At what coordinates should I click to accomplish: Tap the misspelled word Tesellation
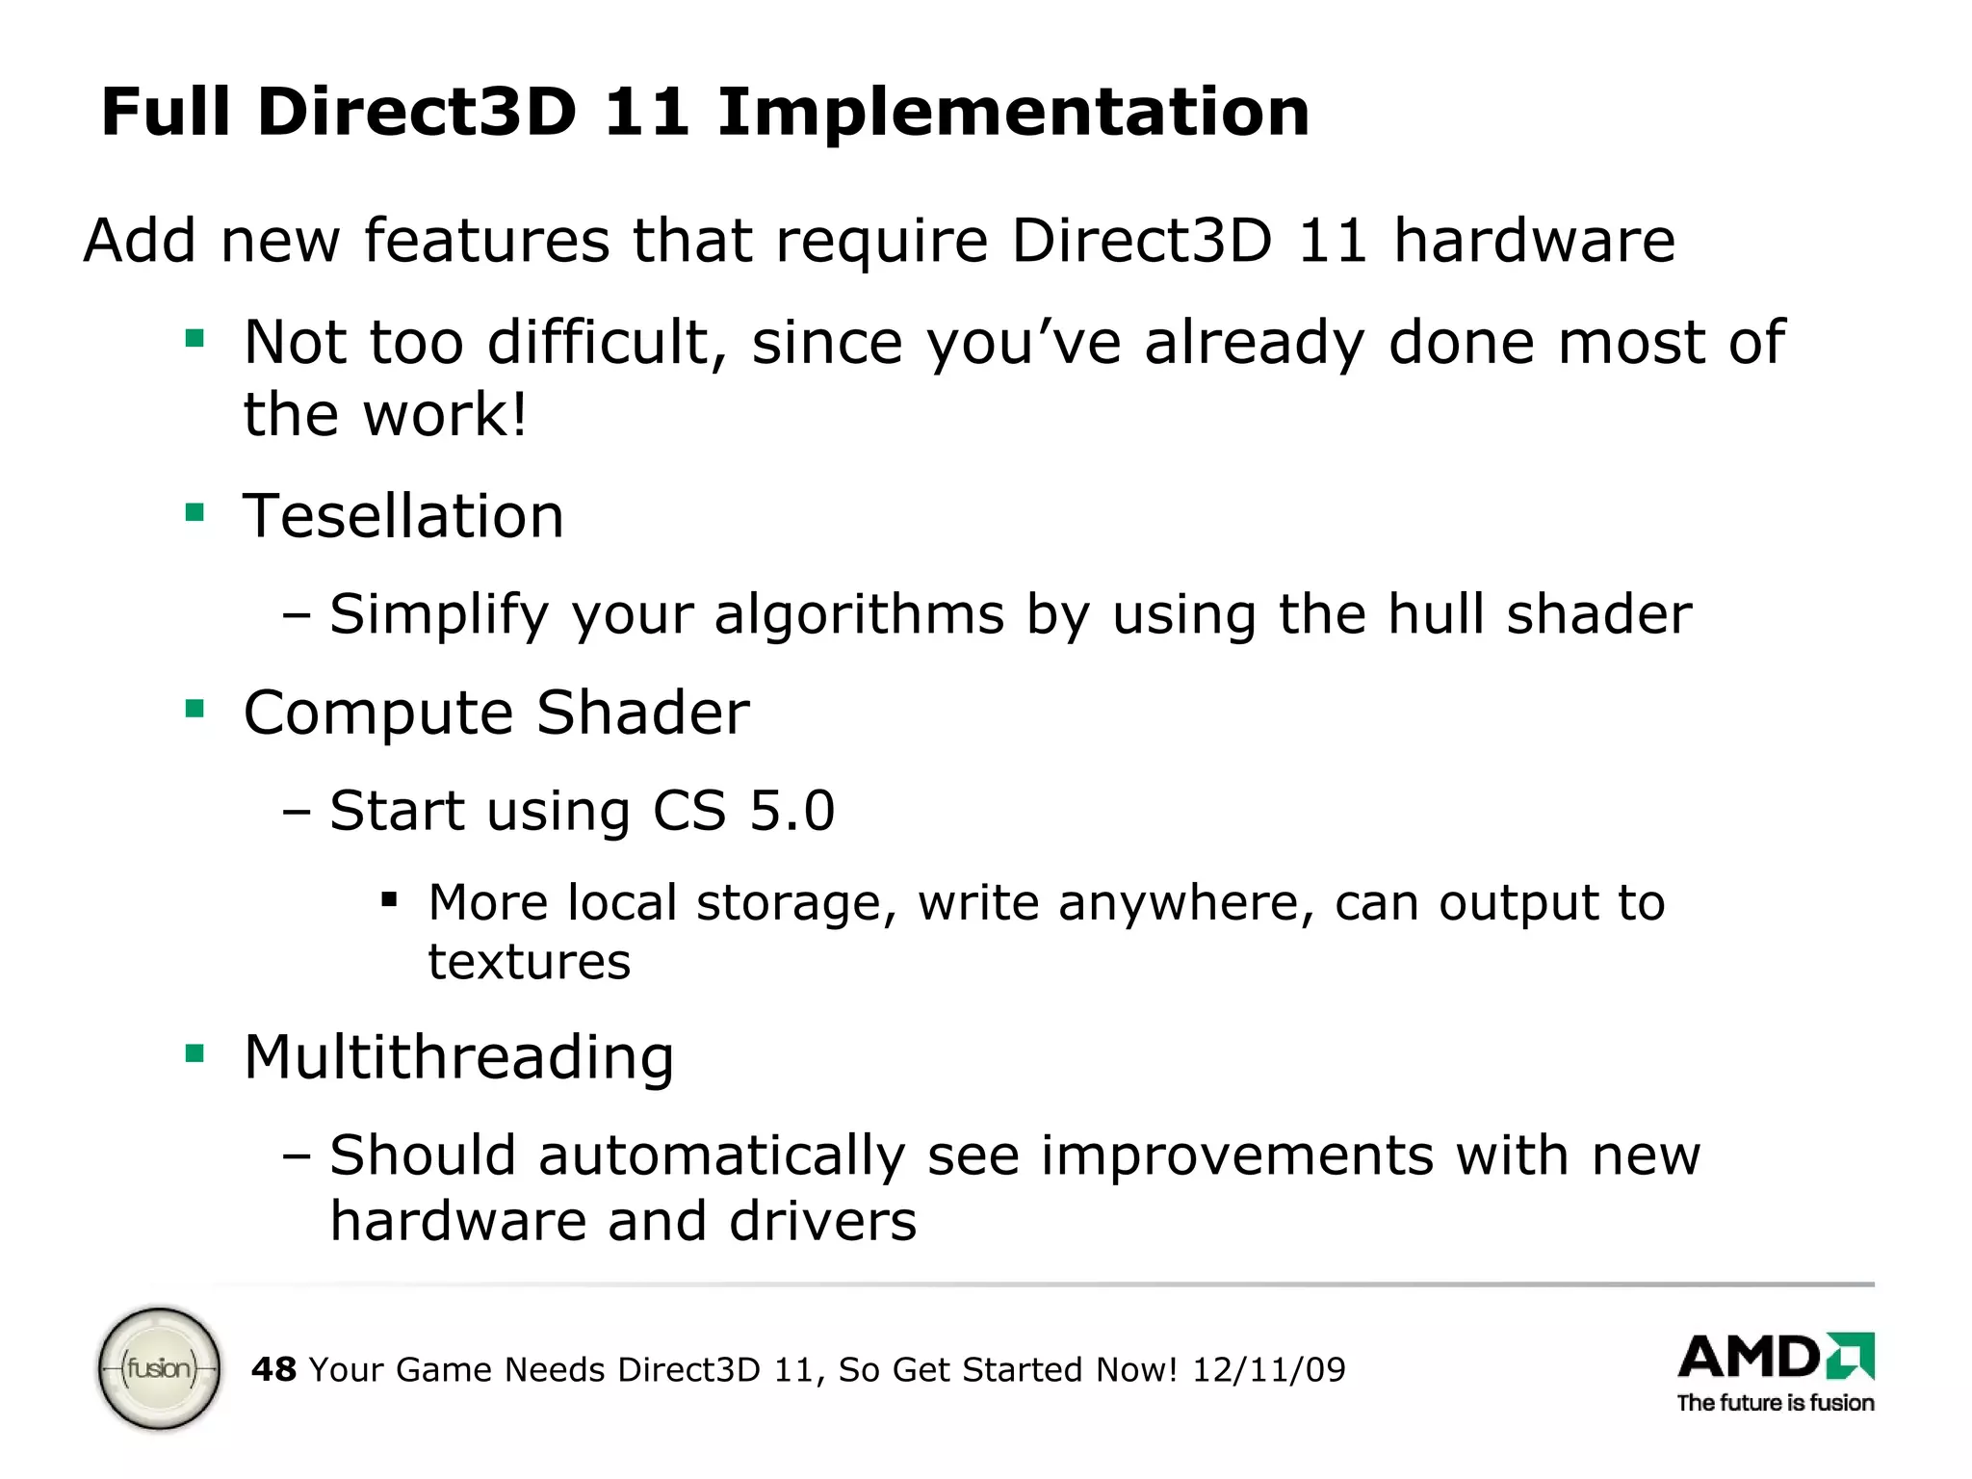(x=402, y=516)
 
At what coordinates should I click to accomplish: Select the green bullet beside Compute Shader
(x=195, y=710)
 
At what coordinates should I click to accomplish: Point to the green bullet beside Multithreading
(x=195, y=1053)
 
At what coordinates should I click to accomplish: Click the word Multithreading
(x=458, y=1057)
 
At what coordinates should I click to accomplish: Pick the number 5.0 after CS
(x=791, y=810)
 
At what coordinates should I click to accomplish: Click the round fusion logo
(x=160, y=1367)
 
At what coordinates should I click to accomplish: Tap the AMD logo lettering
(x=1751, y=1358)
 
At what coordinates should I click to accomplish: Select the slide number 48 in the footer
(x=273, y=1369)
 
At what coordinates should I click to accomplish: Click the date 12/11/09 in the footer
(x=1268, y=1369)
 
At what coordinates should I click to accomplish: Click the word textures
(x=530, y=962)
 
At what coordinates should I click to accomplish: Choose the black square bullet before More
(x=389, y=901)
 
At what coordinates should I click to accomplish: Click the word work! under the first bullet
(x=445, y=415)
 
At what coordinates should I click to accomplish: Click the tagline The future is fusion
(x=1775, y=1403)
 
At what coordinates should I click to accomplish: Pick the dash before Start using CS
(x=297, y=812)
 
